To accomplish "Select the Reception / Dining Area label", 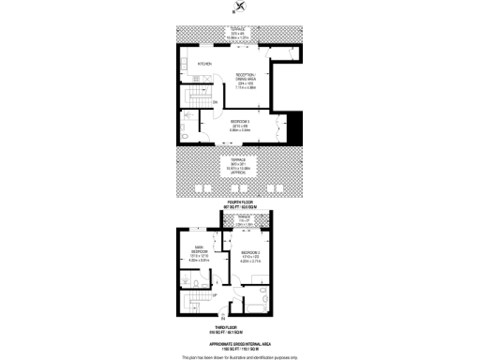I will (247, 81).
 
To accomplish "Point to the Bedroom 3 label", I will (239, 121).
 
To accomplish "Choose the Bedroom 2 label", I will (250, 255).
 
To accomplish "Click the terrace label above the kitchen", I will (239, 34).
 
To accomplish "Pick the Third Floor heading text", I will (240, 329).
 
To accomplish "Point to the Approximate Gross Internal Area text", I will (240, 341).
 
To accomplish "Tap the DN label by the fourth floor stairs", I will (215, 102).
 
